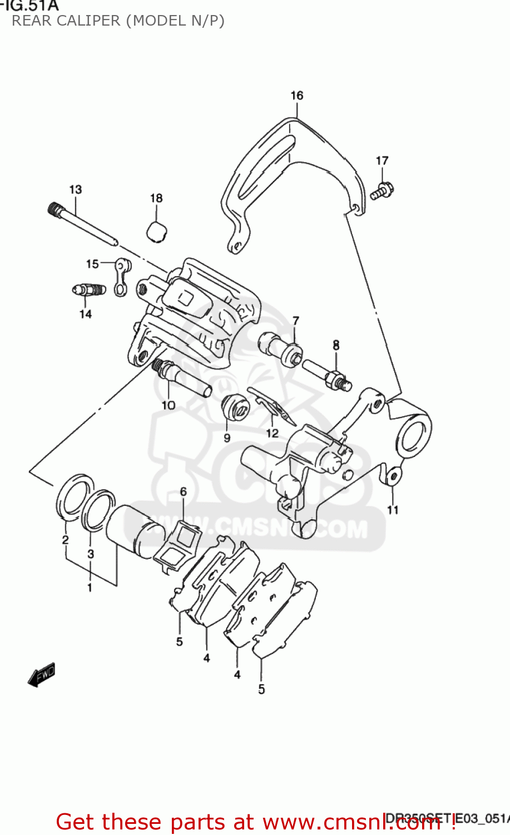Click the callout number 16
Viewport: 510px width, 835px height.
pos(296,96)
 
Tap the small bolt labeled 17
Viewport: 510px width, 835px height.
pos(382,191)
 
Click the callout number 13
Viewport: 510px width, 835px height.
pos(75,189)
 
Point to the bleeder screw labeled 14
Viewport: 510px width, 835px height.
pos(88,290)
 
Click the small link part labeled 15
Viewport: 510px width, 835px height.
pos(121,276)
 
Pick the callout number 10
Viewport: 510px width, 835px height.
pos(168,405)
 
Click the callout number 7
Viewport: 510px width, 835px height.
pos(295,321)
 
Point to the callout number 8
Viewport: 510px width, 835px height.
pos(336,345)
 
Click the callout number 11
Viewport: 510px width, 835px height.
pos(393,509)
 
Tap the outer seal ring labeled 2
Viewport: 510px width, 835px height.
pos(73,496)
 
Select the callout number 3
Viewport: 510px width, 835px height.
pos(91,554)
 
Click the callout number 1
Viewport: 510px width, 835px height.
pos(89,587)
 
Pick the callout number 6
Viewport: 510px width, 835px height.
pos(183,492)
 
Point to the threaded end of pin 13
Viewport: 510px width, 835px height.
pos(54,209)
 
